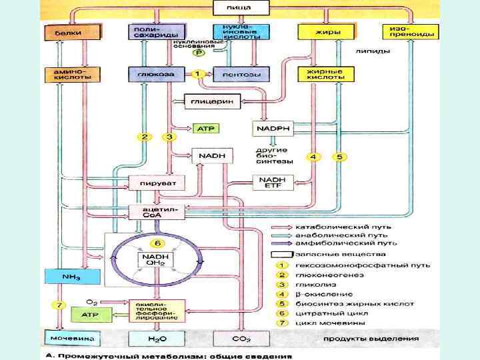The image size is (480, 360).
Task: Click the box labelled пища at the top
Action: [x=240, y=7]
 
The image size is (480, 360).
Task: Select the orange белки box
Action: [x=63, y=32]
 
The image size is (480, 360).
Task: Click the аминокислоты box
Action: [x=63, y=73]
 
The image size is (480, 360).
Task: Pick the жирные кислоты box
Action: [x=324, y=73]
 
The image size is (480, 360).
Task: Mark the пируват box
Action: [x=155, y=182]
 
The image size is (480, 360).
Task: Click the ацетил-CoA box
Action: [x=155, y=211]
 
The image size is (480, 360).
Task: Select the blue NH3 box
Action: [x=63, y=276]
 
